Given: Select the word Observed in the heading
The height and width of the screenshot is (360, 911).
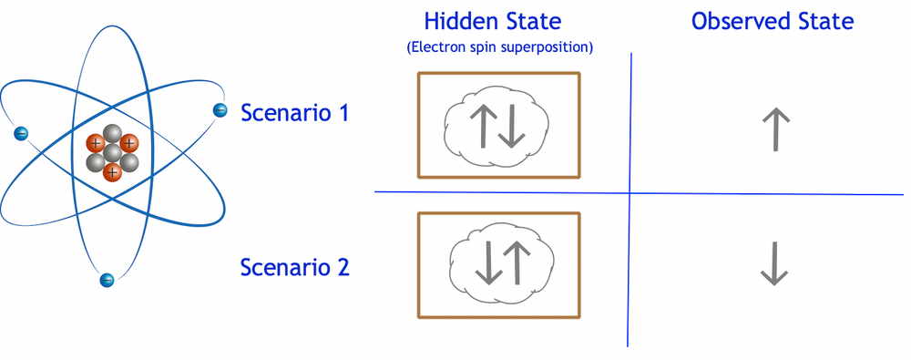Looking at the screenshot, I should [x=737, y=21].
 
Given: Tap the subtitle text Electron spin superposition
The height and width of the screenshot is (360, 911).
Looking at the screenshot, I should [x=500, y=47].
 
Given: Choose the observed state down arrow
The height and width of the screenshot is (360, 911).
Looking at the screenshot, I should [x=774, y=264].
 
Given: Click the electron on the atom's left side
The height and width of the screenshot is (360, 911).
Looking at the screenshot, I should [x=21, y=134].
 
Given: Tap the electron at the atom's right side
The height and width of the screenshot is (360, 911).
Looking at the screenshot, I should [x=220, y=110].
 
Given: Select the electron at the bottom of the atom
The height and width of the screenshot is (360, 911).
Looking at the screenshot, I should [x=107, y=280].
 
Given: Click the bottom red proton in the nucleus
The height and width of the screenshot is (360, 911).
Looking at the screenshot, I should [x=112, y=171].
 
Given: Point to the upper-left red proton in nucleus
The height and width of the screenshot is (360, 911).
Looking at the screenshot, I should [x=95, y=143].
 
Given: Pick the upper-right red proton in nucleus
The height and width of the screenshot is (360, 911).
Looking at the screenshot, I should [x=129, y=142].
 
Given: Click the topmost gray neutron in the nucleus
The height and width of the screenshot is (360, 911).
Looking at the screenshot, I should [x=111, y=133].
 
